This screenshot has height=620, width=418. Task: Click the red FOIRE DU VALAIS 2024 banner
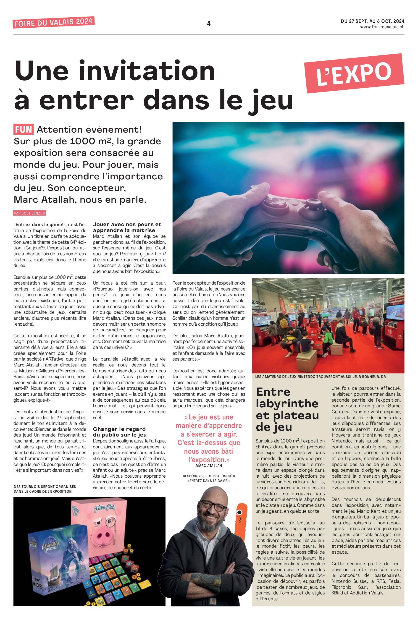pyautogui.click(x=54, y=22)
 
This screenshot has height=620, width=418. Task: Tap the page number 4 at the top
pyautogui.click(x=209, y=24)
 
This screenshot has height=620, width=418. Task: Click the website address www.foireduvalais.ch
pyautogui.click(x=382, y=27)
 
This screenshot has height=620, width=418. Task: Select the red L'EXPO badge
pyautogui.click(x=354, y=73)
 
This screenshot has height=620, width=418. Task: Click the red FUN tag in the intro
pyautogui.click(x=24, y=129)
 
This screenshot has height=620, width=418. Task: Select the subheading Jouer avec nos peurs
pyautogui.click(x=127, y=227)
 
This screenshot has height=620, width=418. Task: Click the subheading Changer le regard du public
pyautogui.click(x=120, y=432)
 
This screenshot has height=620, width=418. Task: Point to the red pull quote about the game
pyautogui.click(x=209, y=438)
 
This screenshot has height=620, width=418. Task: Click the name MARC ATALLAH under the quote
pyautogui.click(x=209, y=466)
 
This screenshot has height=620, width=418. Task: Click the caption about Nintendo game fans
pyautogui.click(x=320, y=377)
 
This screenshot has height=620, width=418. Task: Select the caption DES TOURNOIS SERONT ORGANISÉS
pyautogui.click(x=45, y=489)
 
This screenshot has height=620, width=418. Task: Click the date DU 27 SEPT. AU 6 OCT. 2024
pyautogui.click(x=372, y=21)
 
